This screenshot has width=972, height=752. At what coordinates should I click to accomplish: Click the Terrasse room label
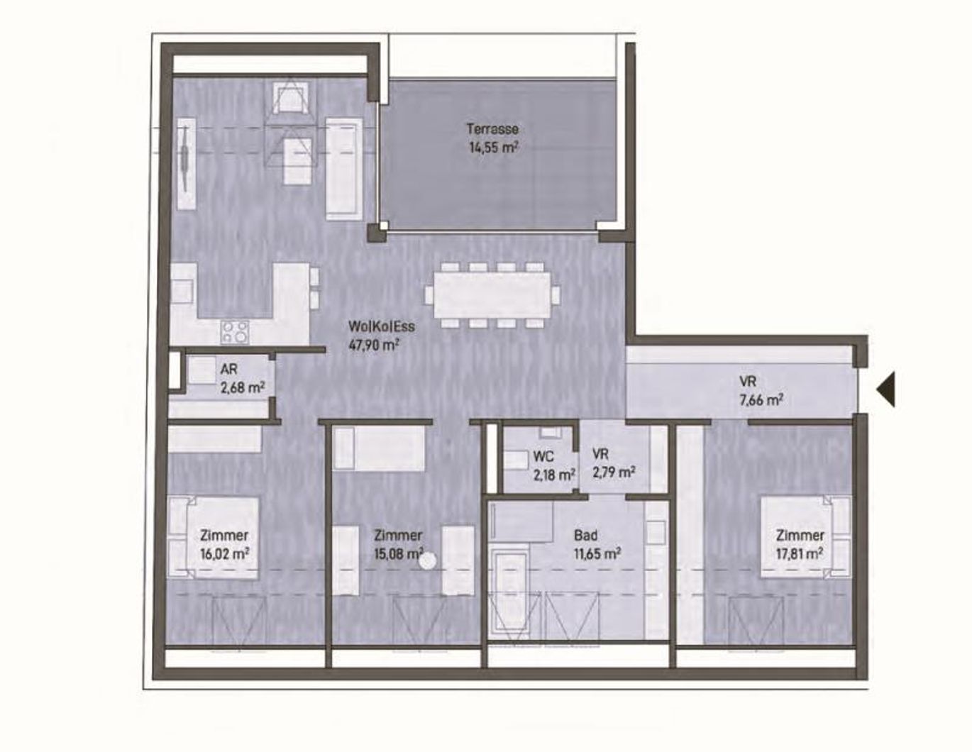492,129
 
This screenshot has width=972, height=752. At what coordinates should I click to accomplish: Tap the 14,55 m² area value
492,148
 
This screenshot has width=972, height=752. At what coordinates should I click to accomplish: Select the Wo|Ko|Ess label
381,327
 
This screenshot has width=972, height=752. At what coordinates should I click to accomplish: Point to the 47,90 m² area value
373,345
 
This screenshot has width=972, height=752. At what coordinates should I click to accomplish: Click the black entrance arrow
885,389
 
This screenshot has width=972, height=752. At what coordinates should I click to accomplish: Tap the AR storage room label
228,370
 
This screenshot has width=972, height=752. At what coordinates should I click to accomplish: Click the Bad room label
585,536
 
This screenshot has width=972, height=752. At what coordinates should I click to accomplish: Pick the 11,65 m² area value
597,553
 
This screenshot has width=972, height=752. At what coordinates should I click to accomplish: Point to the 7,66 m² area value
761,400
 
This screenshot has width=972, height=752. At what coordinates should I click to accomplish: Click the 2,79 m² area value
614,472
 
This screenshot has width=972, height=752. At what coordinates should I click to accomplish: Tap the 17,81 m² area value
800,553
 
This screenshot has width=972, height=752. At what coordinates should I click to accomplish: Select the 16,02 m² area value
224,553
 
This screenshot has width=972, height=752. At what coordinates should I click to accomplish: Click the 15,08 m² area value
398,553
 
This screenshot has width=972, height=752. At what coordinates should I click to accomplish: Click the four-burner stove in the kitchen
234,332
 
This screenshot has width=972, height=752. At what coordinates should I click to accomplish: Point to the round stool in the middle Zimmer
427,561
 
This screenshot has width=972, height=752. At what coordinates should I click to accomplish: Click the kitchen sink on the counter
183,291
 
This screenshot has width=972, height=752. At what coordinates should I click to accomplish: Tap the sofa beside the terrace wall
343,168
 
